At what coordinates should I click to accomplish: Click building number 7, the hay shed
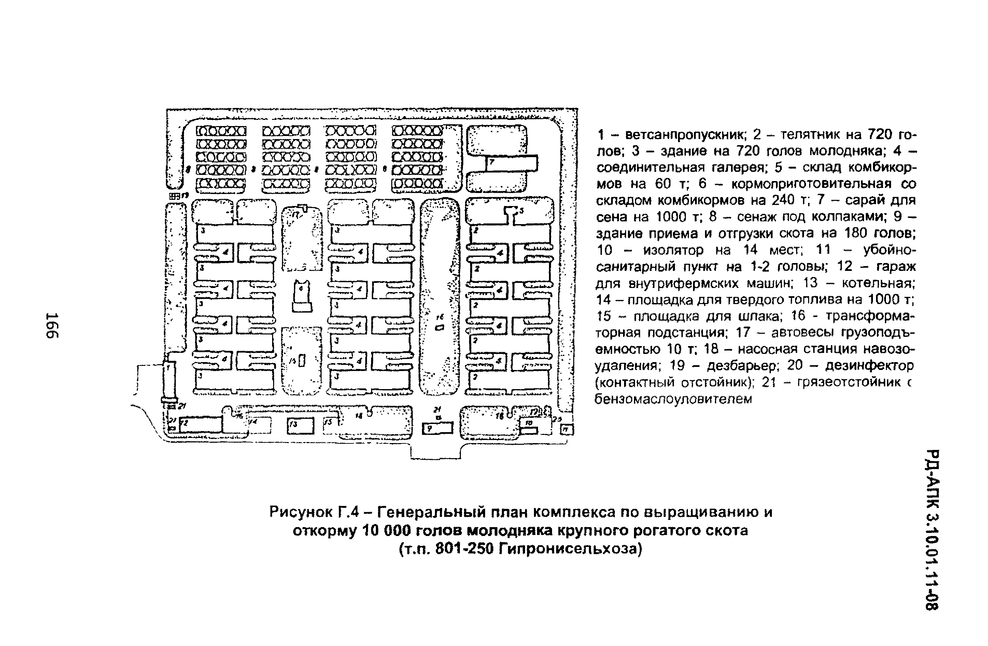pos(511,163)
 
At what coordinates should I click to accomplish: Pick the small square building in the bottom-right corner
pos(567,429)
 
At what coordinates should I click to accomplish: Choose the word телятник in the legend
pos(806,135)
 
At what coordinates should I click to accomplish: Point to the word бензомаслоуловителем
pos(673,399)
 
